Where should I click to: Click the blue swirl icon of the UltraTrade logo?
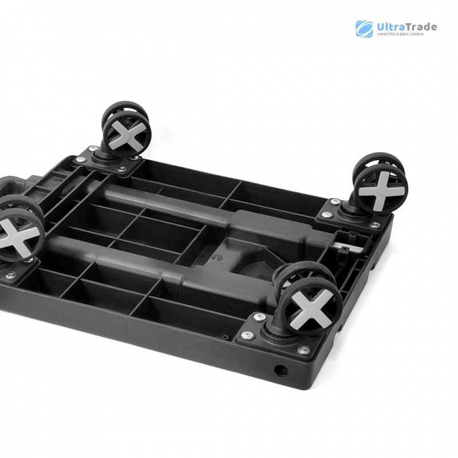[x=364, y=29]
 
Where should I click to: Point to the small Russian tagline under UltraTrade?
[x=400, y=34]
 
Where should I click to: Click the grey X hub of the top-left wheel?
[x=128, y=134]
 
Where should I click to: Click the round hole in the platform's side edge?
[x=281, y=371]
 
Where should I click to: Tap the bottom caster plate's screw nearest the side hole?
[x=304, y=350]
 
